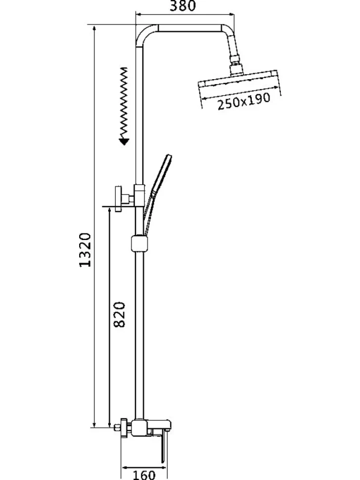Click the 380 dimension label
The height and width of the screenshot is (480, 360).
tap(182, 6)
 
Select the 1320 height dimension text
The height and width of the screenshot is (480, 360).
tap(85, 250)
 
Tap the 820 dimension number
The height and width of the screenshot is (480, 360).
tap(120, 315)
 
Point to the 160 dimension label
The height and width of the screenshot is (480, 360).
tap(144, 475)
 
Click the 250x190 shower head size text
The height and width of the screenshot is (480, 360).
tap(244, 101)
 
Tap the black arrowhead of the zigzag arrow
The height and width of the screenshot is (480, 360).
tap(125, 141)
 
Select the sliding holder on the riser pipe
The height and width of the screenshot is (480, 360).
tap(139, 243)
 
